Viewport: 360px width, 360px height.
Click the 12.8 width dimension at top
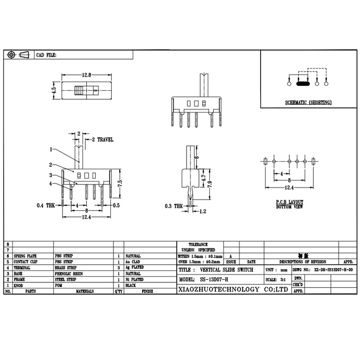coord(87,75)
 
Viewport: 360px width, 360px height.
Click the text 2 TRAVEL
coord(103,140)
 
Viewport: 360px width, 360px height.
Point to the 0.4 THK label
coord(46,205)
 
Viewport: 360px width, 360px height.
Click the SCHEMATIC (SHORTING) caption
coord(308,103)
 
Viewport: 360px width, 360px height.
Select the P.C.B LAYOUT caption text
coord(290,202)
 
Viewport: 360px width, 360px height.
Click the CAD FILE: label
coord(46,55)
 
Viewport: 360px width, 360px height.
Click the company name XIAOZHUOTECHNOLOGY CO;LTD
coord(233,289)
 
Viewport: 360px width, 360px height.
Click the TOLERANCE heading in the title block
coord(198,244)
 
